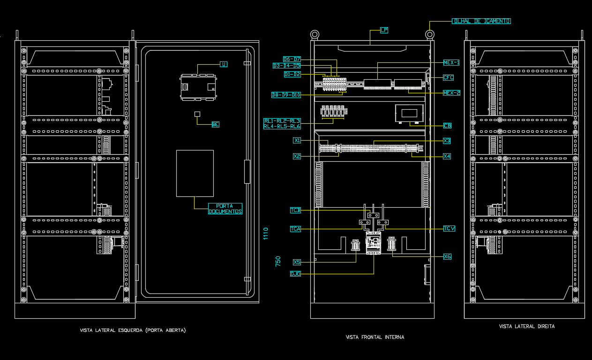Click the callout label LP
coord(384,30)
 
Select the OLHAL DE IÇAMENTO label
coord(481,21)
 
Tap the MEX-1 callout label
coord(451,62)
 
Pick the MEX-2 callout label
coord(451,93)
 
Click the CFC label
coord(448,78)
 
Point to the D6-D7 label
coord(292,59)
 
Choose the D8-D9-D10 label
coord(286,95)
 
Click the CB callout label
coord(447,126)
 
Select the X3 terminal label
coord(447,141)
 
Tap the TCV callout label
coord(449,229)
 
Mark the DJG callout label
coord(295,274)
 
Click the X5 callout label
coord(297,262)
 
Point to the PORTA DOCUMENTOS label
coord(225,209)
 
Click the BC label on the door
coord(215,124)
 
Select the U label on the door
coord(224,64)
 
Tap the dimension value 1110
coord(266,233)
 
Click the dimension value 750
coord(278,261)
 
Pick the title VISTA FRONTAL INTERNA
coord(375,337)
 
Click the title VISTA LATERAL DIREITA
coord(526,326)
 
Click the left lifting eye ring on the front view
coord(315,34)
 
